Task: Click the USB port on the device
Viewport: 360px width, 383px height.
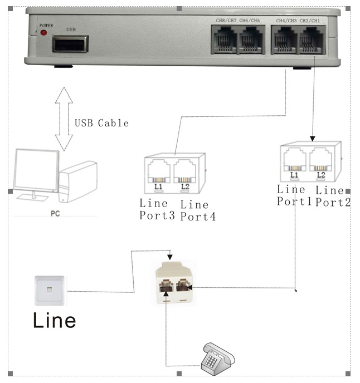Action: click(70, 43)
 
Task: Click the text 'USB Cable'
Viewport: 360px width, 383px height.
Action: click(102, 123)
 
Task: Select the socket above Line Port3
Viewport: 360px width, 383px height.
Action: click(159, 171)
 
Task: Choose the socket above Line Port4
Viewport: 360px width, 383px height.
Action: click(186, 171)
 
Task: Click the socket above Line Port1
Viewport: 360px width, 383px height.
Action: click(294, 161)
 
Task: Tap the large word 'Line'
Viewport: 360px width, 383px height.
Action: click(54, 321)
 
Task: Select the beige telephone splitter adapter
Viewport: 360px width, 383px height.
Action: click(173, 282)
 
